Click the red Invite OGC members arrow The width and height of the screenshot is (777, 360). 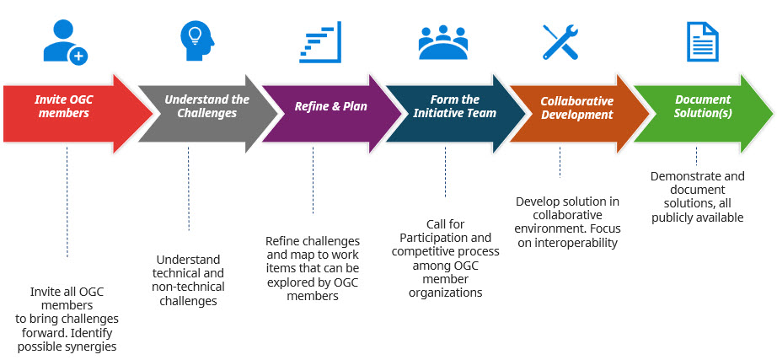coord(67,107)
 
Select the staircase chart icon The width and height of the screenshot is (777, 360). coord(321,42)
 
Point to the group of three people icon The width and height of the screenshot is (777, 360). coord(443,43)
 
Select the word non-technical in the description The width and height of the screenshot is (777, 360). coord(189,287)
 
